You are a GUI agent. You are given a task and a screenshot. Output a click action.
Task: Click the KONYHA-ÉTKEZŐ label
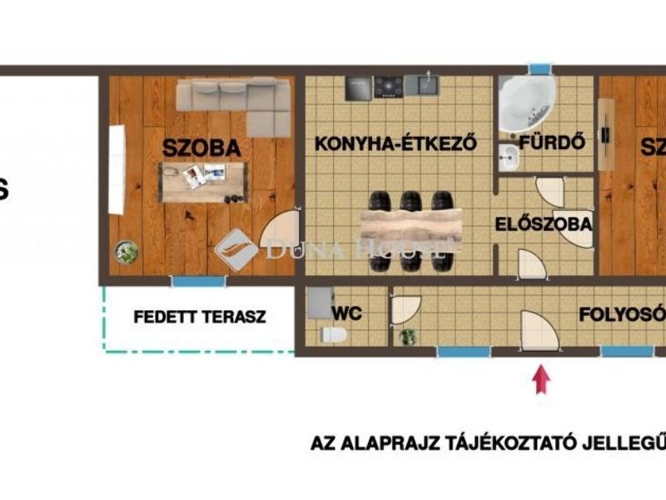(395, 143)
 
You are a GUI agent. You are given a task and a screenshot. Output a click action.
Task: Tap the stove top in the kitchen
(388, 87)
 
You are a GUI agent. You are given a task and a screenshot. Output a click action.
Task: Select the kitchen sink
(424, 85)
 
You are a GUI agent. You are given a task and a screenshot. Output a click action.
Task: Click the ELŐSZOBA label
(543, 224)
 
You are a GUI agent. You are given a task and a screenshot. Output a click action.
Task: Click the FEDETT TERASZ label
(199, 317)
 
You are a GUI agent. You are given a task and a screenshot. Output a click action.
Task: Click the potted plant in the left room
(127, 251)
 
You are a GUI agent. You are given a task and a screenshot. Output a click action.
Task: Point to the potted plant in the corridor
(407, 337)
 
